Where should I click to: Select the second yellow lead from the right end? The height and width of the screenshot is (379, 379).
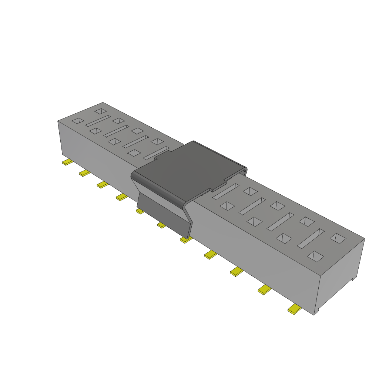(265, 289)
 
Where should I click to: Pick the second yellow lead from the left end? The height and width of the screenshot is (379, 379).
(85, 173)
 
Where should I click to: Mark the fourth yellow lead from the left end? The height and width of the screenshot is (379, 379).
(121, 197)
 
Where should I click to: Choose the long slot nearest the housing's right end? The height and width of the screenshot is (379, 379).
(311, 238)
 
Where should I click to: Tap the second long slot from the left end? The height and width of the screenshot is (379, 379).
(116, 130)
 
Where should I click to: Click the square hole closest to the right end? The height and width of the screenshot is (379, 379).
(338, 238)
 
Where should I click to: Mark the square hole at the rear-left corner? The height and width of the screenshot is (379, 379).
(100, 111)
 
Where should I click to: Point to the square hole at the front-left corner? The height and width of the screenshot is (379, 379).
(78, 121)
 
